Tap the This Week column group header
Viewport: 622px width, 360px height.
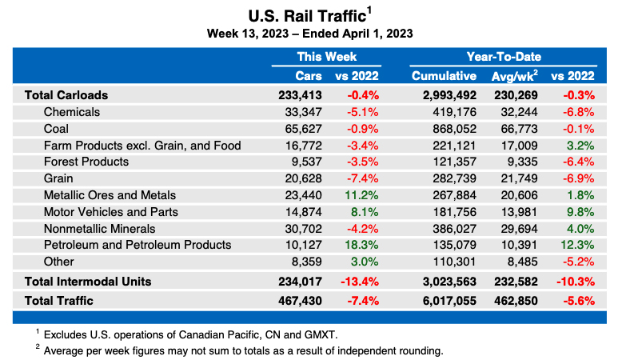(327, 57)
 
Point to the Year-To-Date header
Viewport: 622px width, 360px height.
(504, 57)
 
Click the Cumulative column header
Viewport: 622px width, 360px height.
(445, 76)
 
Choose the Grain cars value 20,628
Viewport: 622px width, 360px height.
(303, 178)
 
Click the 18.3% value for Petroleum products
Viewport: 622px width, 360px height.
(361, 245)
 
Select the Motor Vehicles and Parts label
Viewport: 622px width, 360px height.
(110, 212)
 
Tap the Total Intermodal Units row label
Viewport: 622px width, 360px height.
(88, 282)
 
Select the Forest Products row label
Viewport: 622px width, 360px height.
(86, 162)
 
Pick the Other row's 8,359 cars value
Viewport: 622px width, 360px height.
(306, 262)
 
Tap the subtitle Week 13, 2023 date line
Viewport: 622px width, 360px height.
(309, 34)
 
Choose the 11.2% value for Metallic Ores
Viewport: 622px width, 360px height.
(361, 195)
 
